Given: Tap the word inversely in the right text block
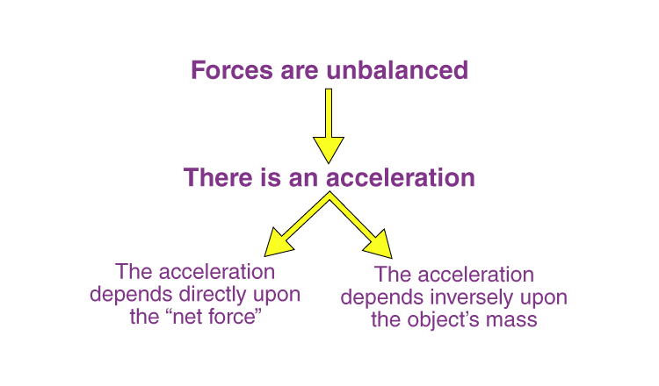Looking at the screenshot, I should pyautogui.click(x=470, y=297).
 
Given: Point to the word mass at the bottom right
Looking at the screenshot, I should pyautogui.click(x=514, y=319).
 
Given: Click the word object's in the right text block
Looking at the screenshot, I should pyautogui.click(x=449, y=319).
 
